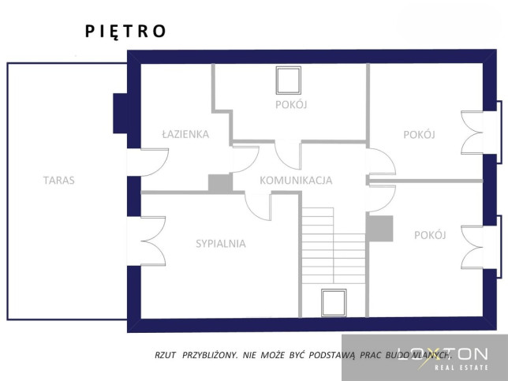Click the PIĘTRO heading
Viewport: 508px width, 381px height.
pyautogui.click(x=125, y=32)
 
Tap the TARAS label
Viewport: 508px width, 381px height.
pyautogui.click(x=59, y=180)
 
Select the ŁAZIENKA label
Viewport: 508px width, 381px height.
pyautogui.click(x=185, y=134)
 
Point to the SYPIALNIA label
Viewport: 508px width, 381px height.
pyautogui.click(x=221, y=244)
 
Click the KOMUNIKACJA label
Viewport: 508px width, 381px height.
pyautogui.click(x=296, y=181)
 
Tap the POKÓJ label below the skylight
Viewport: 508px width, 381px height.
pyautogui.click(x=291, y=105)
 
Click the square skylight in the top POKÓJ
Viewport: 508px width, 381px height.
pyautogui.click(x=289, y=80)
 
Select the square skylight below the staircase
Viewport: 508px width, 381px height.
pyautogui.click(x=334, y=303)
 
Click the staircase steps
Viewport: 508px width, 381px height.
pyautogui.click(x=334, y=245)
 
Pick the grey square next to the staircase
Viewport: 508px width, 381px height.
pyautogui.click(x=379, y=229)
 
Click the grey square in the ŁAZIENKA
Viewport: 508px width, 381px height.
pyautogui.click(x=220, y=183)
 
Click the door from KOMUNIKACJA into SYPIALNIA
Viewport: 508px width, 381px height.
pyautogui.click(x=258, y=207)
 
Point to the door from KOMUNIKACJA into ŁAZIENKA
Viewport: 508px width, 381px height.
pyautogui.click(x=245, y=159)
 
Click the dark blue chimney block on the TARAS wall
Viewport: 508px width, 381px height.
pyautogui.click(x=120, y=114)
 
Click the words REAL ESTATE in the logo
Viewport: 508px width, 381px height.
pyautogui.click(x=461, y=368)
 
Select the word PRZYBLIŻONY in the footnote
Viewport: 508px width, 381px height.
pyautogui.click(x=210, y=355)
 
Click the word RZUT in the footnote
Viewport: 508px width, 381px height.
pyautogui.click(x=165, y=355)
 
